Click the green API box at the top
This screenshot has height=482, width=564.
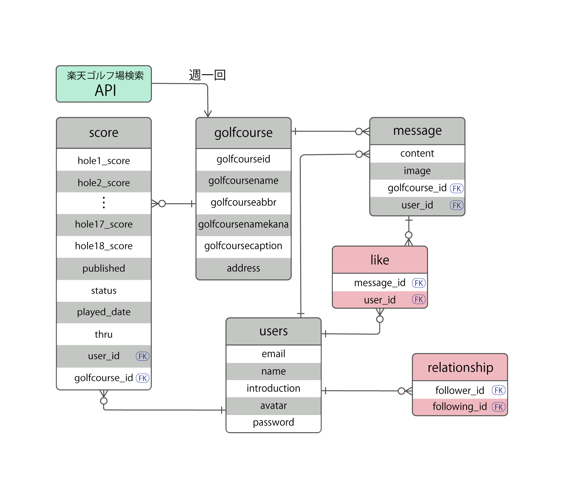[x=104, y=84]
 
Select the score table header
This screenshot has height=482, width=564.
[x=104, y=133]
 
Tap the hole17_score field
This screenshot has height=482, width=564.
[x=104, y=224]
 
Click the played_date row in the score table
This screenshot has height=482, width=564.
[x=104, y=312]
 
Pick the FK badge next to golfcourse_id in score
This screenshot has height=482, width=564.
[x=142, y=378]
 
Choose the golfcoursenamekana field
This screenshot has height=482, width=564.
[x=243, y=224]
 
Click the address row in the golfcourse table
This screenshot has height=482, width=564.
[x=243, y=268]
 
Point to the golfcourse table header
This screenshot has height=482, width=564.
[x=243, y=133]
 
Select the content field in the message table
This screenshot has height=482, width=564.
[x=417, y=153]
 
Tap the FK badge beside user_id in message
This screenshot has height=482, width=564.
[x=457, y=205]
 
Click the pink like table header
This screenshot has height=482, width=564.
[x=380, y=260]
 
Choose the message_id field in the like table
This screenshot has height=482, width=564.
[x=379, y=283]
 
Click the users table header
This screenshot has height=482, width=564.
[x=273, y=331]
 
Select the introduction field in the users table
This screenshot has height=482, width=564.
[x=273, y=388]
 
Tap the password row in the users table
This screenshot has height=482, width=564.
[x=273, y=422]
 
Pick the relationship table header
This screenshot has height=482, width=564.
[x=460, y=367]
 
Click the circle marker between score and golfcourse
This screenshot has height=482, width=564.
[x=162, y=203]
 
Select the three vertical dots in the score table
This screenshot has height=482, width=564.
[x=104, y=203]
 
